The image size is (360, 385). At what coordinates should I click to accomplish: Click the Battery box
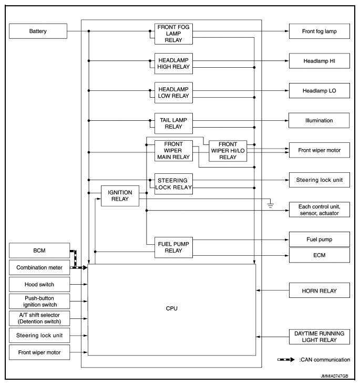point(38,32)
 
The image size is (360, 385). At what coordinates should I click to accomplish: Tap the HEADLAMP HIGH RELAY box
point(173,61)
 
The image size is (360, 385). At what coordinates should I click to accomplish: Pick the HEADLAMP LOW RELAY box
point(173,91)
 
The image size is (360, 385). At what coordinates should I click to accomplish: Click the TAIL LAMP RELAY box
point(173,121)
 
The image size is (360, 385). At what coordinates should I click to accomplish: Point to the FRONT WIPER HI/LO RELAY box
point(228,150)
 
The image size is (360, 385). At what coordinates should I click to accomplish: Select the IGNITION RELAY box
point(120,196)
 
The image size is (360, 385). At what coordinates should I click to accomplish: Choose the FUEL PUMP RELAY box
point(173,246)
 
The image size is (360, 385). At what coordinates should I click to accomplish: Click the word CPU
point(172,309)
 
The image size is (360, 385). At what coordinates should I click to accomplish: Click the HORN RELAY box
point(319,290)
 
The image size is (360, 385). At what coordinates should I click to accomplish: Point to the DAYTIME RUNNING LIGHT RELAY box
point(319,337)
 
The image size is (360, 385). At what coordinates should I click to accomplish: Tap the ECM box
point(319,255)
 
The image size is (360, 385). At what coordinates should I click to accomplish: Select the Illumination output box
point(319,121)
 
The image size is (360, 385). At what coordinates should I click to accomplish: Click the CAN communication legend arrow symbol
point(286,360)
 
